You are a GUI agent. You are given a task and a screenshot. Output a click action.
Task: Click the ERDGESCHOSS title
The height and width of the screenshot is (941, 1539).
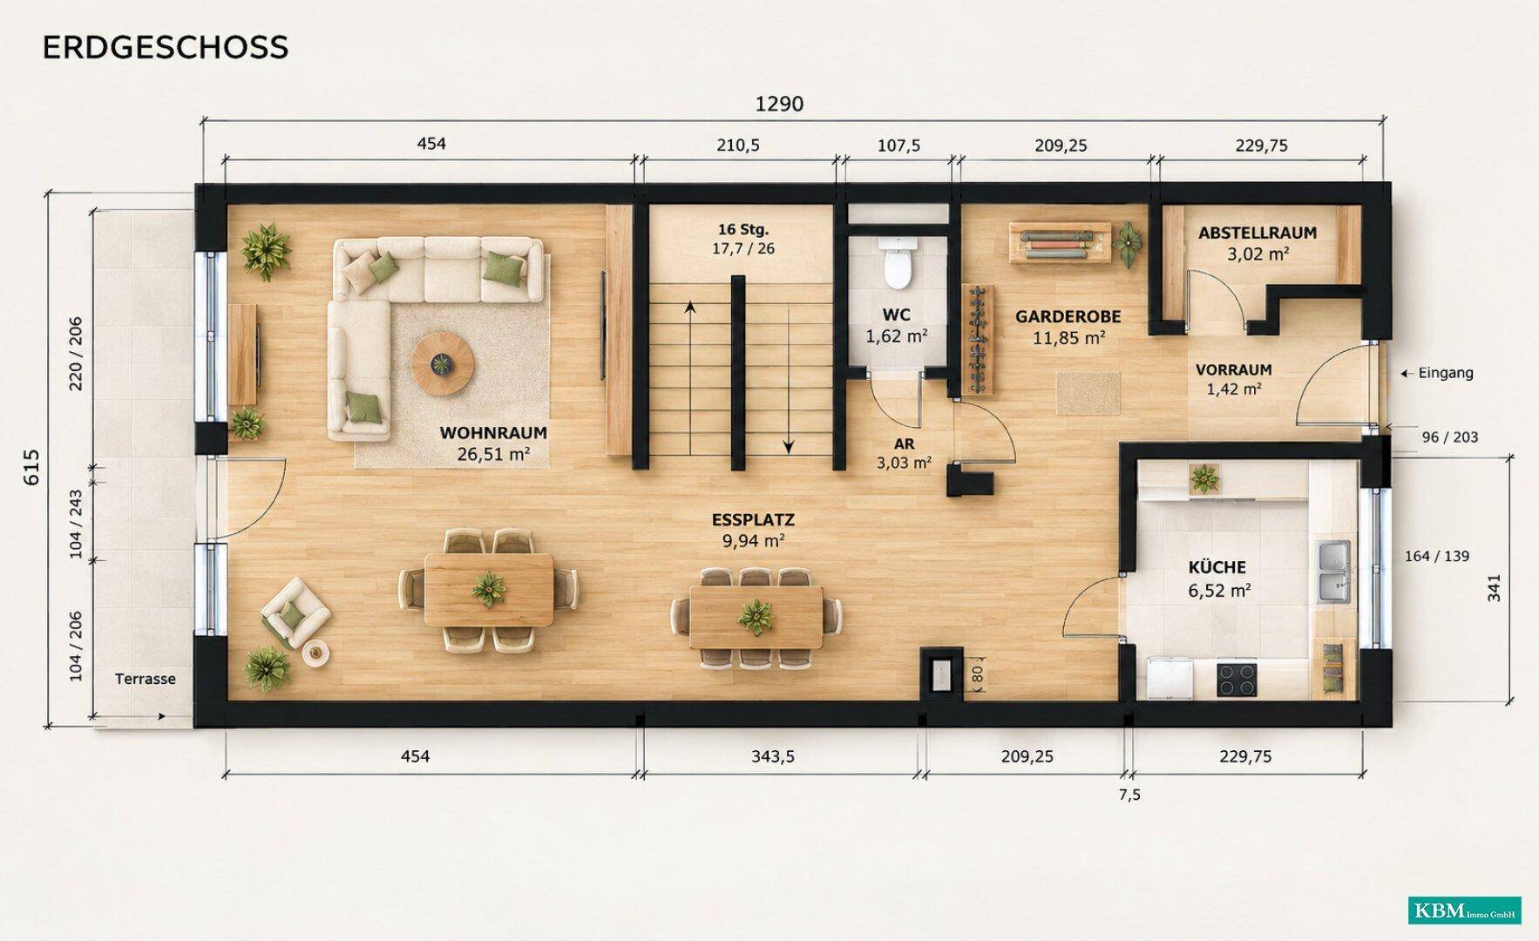pyautogui.click(x=165, y=47)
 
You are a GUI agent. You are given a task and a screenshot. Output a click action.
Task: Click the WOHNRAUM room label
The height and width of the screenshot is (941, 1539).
pyautogui.click(x=493, y=432)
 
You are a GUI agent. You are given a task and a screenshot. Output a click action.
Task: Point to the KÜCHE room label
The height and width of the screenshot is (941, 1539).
pyautogui.click(x=1217, y=567)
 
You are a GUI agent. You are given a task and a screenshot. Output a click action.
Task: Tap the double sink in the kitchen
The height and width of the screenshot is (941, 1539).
pyautogui.click(x=1333, y=572)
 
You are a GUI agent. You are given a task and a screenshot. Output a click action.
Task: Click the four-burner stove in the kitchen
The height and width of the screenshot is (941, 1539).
pyautogui.click(x=1237, y=680)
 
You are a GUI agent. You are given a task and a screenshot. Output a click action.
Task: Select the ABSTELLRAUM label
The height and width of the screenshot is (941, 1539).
pyautogui.click(x=1257, y=233)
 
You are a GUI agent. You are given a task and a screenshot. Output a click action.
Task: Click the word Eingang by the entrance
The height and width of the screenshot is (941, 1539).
pyautogui.click(x=1446, y=373)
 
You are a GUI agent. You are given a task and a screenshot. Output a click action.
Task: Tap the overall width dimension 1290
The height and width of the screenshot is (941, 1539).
pyautogui.click(x=779, y=105)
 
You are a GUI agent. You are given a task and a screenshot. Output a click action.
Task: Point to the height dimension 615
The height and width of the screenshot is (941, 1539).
pyautogui.click(x=31, y=467)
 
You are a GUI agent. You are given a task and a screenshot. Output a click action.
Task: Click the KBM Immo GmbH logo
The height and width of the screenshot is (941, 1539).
pyautogui.click(x=1465, y=911)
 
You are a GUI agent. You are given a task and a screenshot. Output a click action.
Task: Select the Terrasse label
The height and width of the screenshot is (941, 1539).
pyautogui.click(x=145, y=679)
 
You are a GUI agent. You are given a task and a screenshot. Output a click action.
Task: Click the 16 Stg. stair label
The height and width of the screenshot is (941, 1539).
pyautogui.click(x=743, y=229)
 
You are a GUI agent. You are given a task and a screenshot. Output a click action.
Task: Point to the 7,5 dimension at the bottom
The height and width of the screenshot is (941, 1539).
pyautogui.click(x=1129, y=795)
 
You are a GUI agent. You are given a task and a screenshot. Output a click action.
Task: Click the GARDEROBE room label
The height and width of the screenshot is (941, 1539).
pyautogui.click(x=1068, y=316)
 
